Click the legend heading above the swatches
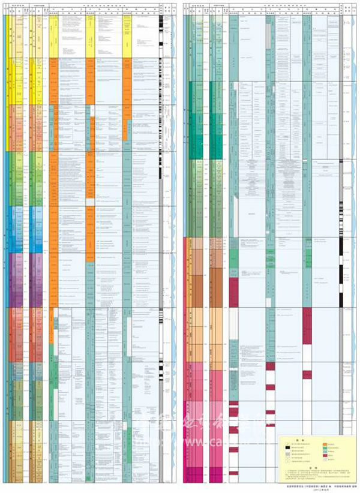click(302, 440)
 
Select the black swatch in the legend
click(287, 447)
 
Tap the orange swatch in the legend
click(325, 444)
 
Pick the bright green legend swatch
click(325, 448)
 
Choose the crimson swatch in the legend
click(325, 455)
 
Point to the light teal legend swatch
click(325, 452)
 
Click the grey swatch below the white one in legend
click(287, 454)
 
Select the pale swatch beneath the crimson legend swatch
click(325, 459)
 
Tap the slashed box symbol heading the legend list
click(287, 444)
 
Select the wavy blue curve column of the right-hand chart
click(355, 240)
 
